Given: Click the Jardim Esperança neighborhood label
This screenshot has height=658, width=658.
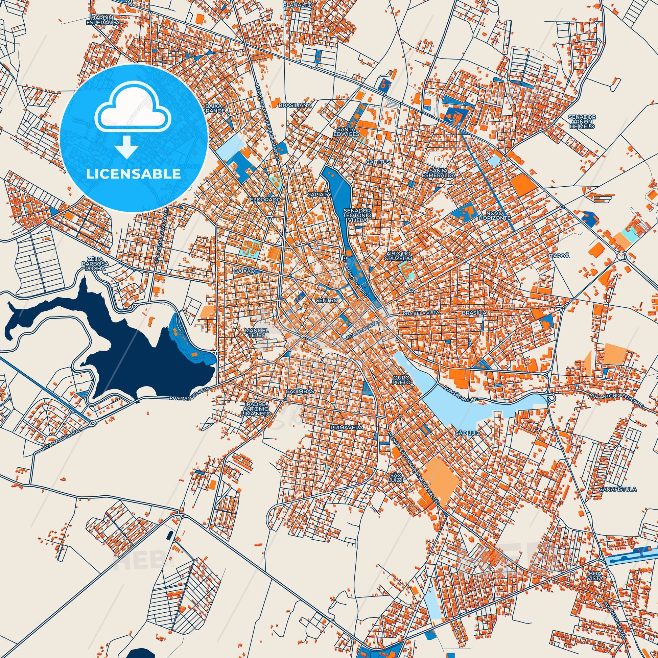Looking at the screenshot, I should click(108, 19).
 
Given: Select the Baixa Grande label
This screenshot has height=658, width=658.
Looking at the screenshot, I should click(215, 108).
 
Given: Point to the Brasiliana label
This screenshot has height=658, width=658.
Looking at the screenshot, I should click(295, 105).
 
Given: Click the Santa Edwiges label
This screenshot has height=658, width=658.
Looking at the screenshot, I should click(347, 132).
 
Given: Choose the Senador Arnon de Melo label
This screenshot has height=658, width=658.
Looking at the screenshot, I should click(582, 121).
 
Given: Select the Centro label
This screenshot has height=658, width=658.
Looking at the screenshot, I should click(326, 300).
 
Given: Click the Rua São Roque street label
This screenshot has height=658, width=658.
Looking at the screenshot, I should click(462, 393).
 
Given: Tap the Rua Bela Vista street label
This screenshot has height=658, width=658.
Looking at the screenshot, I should click(421, 312).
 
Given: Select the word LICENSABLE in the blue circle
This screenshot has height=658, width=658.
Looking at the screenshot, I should click(134, 174).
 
